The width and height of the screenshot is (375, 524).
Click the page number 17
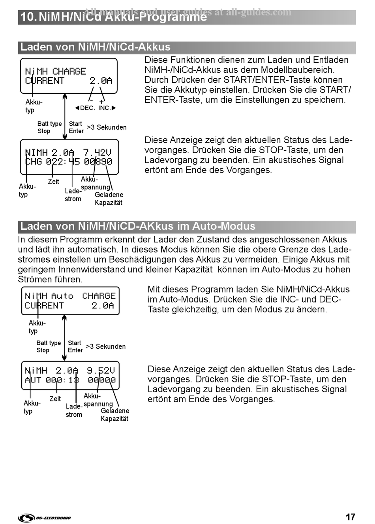(x=350, y=517)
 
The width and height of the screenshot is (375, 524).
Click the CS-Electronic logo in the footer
(x=44, y=518)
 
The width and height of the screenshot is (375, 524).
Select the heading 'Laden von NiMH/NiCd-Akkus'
(x=96, y=47)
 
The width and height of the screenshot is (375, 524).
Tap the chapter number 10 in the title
(x=28, y=17)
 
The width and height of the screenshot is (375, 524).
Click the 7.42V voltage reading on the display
(x=97, y=152)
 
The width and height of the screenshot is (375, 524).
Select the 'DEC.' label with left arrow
(x=85, y=108)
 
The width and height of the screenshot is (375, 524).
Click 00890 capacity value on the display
(x=98, y=162)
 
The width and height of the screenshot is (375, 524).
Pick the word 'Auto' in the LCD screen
(x=62, y=296)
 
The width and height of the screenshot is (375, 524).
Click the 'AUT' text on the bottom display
(x=33, y=380)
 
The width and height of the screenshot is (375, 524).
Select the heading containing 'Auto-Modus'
(x=138, y=226)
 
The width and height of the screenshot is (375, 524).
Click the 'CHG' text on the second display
(x=33, y=162)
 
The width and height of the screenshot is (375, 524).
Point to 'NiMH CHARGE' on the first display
(x=55, y=71)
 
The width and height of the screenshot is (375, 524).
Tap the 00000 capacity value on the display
(x=101, y=380)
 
